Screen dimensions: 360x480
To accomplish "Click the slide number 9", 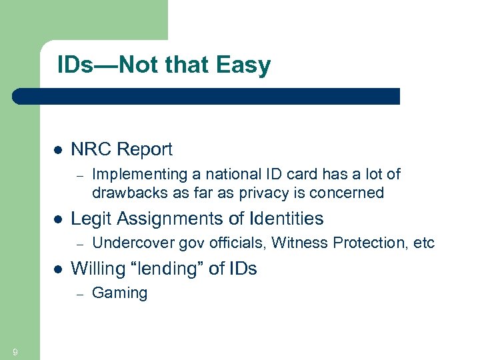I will (x=15, y=352).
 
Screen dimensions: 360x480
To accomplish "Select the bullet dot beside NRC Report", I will (x=57, y=150).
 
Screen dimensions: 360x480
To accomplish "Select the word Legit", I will (x=89, y=219).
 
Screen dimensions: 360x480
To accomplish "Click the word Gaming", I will (x=119, y=293).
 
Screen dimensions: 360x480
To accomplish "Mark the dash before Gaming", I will (x=78, y=293).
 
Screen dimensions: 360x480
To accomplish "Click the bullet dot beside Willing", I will (x=57, y=269).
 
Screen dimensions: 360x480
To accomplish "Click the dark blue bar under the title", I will (x=207, y=96).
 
